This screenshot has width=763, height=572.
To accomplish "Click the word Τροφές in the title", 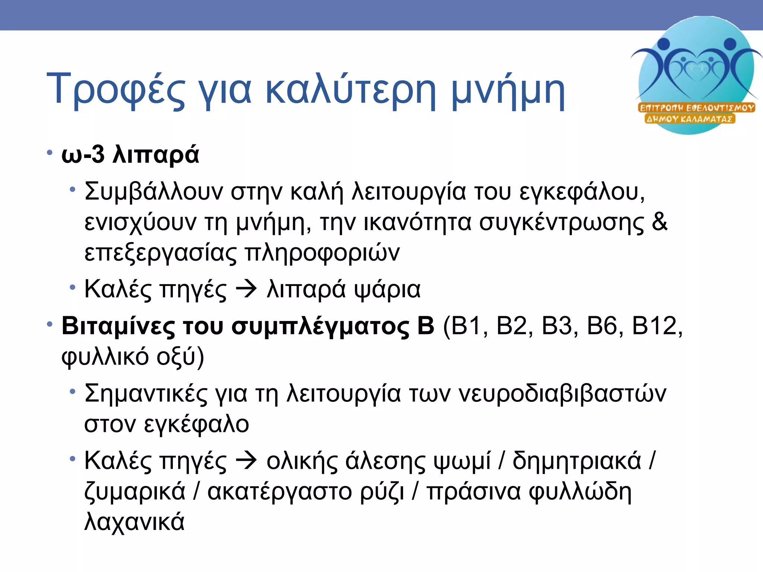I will (115, 89).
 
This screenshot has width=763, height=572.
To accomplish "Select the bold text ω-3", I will (83, 155).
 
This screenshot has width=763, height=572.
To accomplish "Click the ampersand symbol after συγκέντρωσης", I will (659, 222).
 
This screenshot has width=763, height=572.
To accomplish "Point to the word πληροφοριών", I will (322, 253).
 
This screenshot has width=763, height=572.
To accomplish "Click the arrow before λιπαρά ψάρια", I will (246, 289).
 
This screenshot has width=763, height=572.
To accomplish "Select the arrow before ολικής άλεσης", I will (246, 461).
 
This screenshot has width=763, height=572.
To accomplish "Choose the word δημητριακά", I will (577, 461).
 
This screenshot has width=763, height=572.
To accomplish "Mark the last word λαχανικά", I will (134, 521).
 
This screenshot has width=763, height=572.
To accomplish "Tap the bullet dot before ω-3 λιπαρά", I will (50, 153).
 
